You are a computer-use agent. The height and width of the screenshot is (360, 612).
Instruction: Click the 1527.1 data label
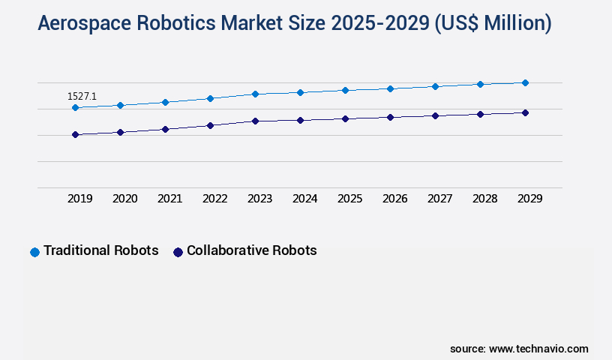pos(82,96)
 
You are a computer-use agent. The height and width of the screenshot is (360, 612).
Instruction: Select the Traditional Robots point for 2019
pos(75,108)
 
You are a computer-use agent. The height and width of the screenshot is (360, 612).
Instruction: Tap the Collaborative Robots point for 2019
pos(75,135)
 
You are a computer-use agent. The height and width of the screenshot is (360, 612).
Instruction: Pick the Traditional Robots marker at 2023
pos(255,94)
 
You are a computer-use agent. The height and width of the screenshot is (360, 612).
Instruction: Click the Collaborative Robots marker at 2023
pos(255,121)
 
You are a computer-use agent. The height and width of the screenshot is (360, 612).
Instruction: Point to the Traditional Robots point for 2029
pos(525,82)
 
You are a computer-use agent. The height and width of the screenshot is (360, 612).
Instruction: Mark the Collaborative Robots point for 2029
pos(525,112)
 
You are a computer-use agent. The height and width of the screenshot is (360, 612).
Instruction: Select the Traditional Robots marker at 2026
pos(390,88)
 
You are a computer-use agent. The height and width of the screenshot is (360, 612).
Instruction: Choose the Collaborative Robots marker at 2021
pos(165,129)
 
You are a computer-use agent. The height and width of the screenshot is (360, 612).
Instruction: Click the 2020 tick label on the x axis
pos(124,199)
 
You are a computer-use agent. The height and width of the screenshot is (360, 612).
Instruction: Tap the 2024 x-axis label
pos(304,199)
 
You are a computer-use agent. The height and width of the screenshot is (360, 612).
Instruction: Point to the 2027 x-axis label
pos(439,199)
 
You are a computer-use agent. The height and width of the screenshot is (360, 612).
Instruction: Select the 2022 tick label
pos(214,199)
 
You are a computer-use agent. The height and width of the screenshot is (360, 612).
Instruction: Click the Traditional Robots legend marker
pos(34,252)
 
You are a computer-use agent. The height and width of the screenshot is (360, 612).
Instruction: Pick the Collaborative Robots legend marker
pos(178,252)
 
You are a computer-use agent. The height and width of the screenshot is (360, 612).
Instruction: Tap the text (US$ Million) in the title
pos(492,24)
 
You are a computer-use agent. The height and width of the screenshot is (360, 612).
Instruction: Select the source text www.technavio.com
pos(538,349)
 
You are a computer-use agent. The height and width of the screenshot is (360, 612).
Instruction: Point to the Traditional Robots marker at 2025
pos(345,90)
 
